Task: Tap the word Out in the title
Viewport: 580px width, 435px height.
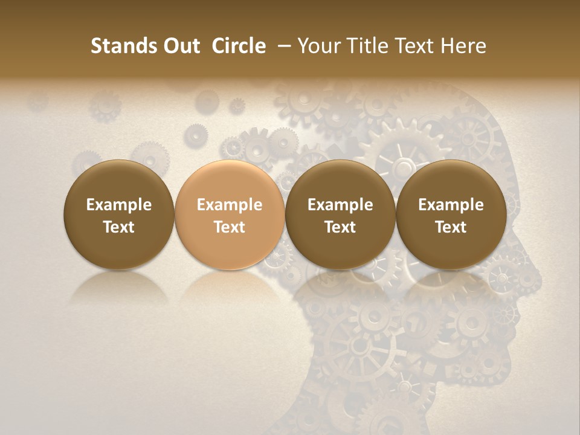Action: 180,46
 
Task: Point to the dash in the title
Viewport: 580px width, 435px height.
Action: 282,47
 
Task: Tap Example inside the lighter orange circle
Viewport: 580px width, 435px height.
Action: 230,205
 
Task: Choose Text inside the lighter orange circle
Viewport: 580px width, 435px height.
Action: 230,227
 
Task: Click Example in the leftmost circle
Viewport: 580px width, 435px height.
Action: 119,205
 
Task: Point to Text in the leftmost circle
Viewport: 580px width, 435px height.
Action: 119,227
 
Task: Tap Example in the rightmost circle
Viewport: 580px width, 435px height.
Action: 451,205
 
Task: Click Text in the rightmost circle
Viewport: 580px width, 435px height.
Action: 451,227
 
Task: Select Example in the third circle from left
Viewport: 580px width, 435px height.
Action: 340,205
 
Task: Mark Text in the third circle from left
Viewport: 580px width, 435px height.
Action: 340,227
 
